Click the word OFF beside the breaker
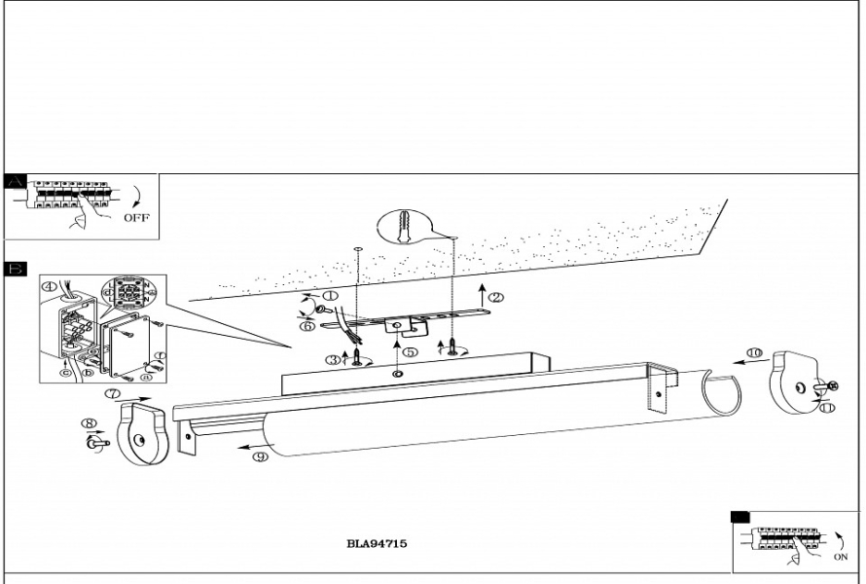click(136, 219)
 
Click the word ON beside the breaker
click(841, 557)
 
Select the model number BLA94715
click(377, 544)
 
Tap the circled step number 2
click(496, 297)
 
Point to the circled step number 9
click(260, 457)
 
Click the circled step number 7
click(114, 394)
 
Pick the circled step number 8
click(90, 423)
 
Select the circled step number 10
click(754, 352)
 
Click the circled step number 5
click(410, 352)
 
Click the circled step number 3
click(334, 360)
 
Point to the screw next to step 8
click(97, 444)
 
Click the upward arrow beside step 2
click(481, 295)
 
